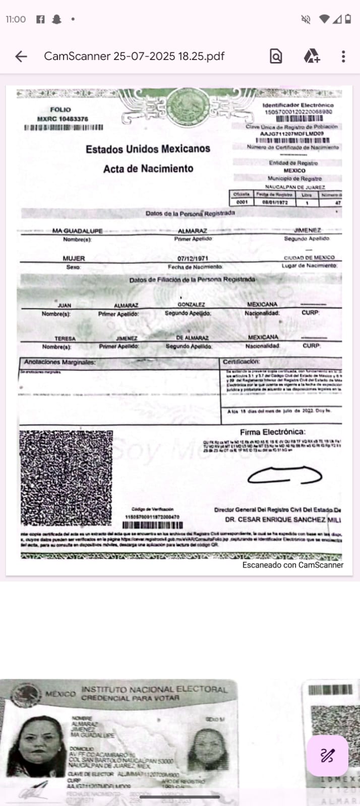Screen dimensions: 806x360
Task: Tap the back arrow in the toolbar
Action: tap(21, 56)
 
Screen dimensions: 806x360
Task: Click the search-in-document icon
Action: tap(276, 56)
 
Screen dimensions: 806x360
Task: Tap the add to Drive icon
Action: tap(312, 56)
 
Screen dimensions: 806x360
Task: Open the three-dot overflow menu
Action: tap(343, 56)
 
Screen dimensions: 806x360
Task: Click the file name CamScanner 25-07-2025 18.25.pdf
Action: tap(134, 56)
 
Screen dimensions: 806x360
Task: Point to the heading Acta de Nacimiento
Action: tap(148, 169)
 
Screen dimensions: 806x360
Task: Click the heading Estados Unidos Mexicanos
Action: tap(148, 149)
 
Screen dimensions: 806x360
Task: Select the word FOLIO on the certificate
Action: tap(61, 109)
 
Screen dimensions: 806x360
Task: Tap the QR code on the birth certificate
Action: tap(66, 477)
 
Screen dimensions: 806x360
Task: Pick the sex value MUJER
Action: tap(74, 258)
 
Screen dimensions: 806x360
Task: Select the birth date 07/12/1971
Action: tap(193, 258)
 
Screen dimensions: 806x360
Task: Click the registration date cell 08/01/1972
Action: tap(275, 202)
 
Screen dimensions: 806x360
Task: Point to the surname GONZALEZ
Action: tap(191, 304)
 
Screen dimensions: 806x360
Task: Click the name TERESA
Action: tap(65, 338)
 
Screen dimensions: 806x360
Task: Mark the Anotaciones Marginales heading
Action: tap(59, 362)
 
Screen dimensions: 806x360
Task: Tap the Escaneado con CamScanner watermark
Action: tap(292, 565)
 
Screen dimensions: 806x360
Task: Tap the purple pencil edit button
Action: tap(327, 755)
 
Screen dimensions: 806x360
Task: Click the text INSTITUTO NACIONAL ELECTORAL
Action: tap(154, 689)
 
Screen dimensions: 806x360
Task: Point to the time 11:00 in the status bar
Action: tap(16, 19)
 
